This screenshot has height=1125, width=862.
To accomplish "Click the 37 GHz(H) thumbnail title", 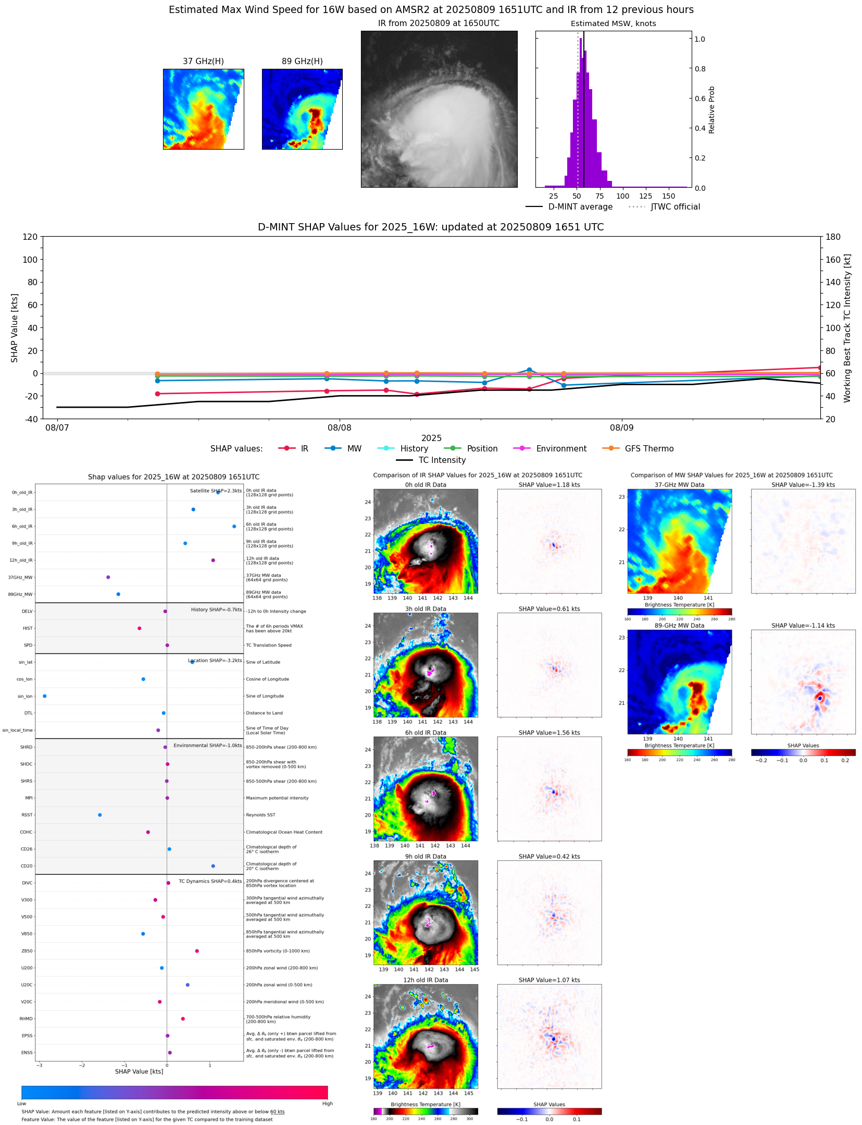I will (x=203, y=62).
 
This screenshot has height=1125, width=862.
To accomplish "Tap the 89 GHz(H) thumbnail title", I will (x=302, y=62).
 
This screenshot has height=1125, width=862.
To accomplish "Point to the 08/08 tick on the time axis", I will (x=339, y=427).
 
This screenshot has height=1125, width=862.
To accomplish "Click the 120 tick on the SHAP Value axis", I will (x=30, y=237).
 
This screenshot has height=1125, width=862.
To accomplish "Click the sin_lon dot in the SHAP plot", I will (x=44, y=696).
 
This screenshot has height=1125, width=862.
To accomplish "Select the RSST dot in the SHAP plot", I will (x=100, y=815).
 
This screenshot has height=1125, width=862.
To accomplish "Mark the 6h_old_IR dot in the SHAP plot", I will (x=234, y=527).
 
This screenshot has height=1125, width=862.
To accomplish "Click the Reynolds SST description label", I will (x=260, y=815).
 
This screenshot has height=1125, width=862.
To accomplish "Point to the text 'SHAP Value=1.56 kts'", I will (x=549, y=732).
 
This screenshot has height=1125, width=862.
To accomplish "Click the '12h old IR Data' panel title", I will (x=426, y=980).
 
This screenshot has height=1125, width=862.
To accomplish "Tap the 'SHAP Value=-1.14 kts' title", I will (x=803, y=626).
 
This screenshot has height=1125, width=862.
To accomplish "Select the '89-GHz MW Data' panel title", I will (x=679, y=626).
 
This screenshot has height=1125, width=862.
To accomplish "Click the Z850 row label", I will (x=27, y=951).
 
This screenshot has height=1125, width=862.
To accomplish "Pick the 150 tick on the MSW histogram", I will (x=668, y=196).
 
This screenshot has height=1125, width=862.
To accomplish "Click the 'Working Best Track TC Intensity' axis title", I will (x=847, y=328).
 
